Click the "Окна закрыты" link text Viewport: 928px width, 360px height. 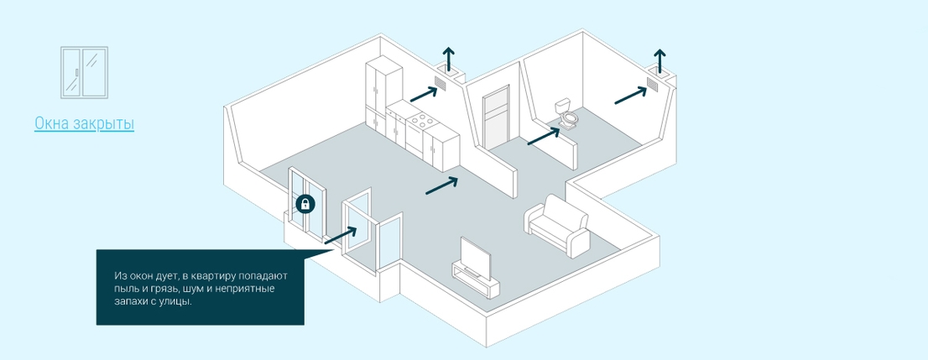click(x=84, y=123)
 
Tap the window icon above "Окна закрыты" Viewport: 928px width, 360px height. click(x=84, y=72)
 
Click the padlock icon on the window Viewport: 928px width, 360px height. click(x=305, y=204)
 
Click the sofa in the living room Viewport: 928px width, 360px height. click(x=557, y=225)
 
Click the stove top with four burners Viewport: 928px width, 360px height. click(x=420, y=123)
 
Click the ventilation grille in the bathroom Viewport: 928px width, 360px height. click(x=652, y=83)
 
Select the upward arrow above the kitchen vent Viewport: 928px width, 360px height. click(x=449, y=60)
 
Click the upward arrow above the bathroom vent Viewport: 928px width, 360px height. click(x=660, y=61)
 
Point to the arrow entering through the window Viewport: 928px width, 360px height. click(x=341, y=235)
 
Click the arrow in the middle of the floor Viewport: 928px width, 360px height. click(x=442, y=185)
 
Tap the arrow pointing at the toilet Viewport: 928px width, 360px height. click(x=544, y=136)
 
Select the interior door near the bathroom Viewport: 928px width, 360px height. click(x=496, y=118)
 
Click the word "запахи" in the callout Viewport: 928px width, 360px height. click(x=129, y=301)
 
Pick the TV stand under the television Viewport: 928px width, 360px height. click(x=475, y=280)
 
